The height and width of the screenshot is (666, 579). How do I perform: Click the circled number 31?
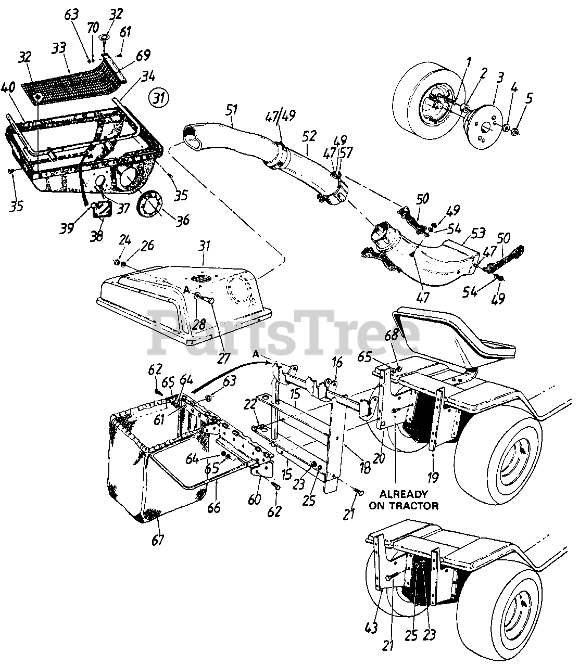click(x=158, y=97)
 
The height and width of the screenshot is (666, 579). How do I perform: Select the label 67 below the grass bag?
click(x=157, y=539)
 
